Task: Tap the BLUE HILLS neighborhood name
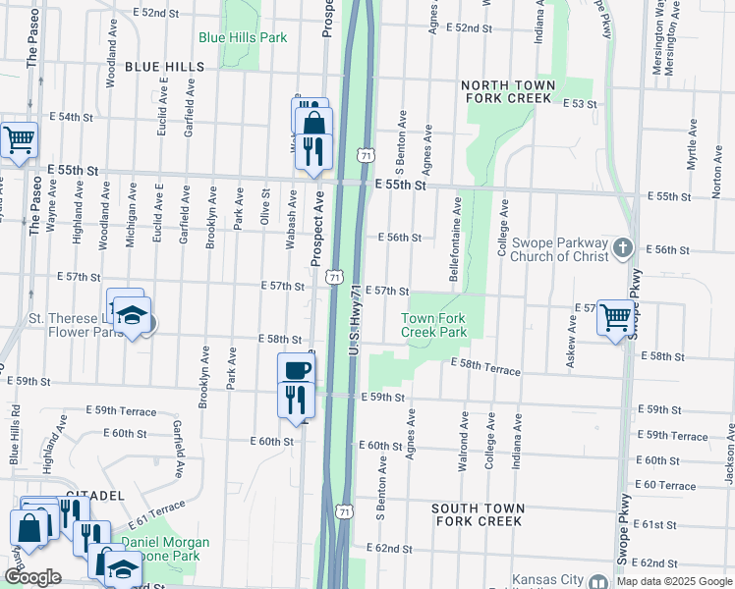(165, 67)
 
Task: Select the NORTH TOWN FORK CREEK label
(508, 91)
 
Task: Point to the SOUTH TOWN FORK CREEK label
(478, 514)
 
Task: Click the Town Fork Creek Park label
(433, 325)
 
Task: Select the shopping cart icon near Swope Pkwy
(615, 317)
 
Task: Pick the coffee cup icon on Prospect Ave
(296, 370)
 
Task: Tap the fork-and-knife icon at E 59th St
(295, 398)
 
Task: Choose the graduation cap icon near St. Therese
(130, 315)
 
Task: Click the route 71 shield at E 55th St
(366, 156)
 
